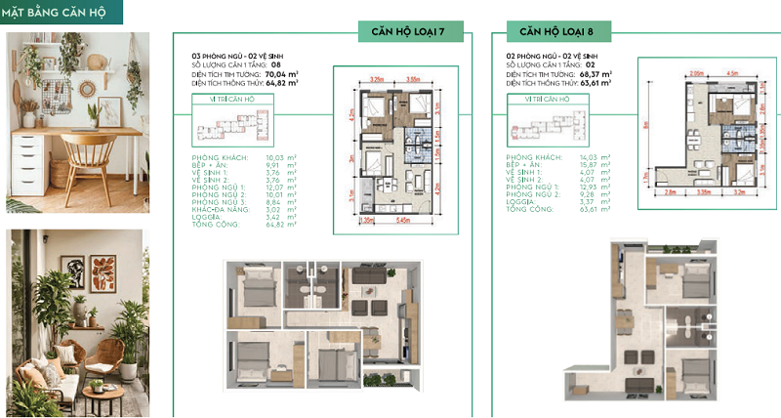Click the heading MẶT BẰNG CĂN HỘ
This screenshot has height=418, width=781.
click(62, 14)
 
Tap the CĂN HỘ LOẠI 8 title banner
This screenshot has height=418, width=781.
click(557, 33)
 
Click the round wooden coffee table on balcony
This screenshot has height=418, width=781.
click(100, 396)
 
